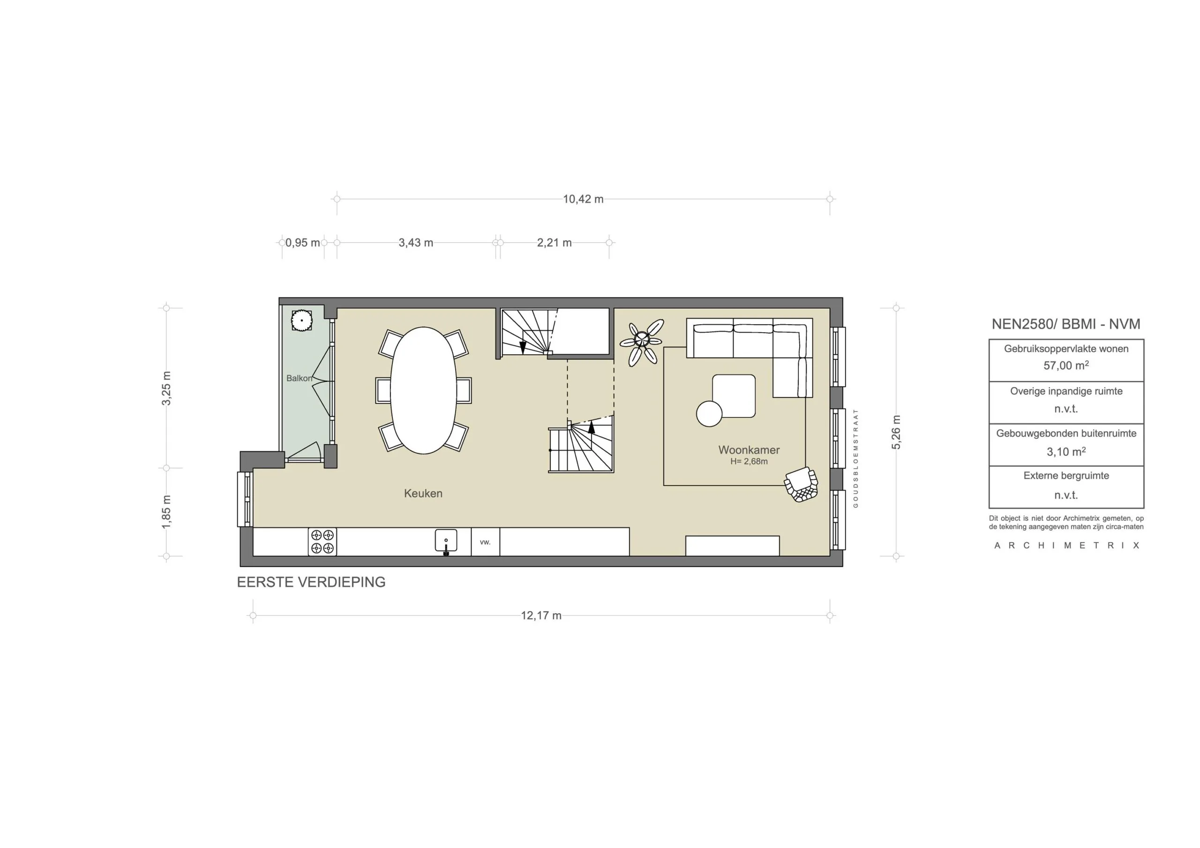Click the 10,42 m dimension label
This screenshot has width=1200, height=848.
pos(583,199)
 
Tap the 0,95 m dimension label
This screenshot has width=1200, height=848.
pos(303,242)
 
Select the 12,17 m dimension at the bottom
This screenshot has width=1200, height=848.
pos(541,616)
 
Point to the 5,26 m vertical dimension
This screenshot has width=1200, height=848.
pos(896,432)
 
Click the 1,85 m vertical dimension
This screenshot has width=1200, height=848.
pos(166,512)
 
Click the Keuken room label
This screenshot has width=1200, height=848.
pos(423,493)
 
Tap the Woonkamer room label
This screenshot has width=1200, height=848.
pos(749,450)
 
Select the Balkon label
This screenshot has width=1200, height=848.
pos(299,378)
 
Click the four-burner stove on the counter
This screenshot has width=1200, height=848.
pos(322,541)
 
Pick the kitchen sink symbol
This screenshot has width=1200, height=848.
pos(446,541)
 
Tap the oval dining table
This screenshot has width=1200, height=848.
pos(423,390)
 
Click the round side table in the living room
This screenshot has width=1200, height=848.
pos(709,413)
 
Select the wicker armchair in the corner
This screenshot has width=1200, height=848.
pos(801,484)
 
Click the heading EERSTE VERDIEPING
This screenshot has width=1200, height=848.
pos(311,582)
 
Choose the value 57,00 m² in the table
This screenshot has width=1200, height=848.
pos(1065,366)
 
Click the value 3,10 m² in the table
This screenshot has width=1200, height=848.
pos(1065,452)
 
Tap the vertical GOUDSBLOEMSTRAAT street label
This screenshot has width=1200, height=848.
pos(855,458)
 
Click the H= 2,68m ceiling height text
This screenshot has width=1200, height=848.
pos(749,461)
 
